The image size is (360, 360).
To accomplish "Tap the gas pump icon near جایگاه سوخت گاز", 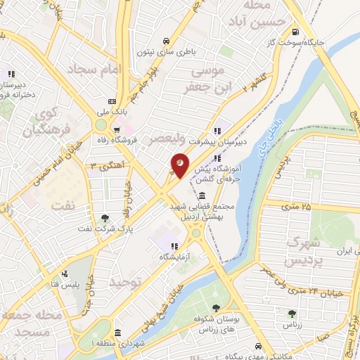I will point(295,32).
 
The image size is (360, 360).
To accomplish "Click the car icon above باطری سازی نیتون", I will point(165,41).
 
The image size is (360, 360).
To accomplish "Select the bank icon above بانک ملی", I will point(110,101).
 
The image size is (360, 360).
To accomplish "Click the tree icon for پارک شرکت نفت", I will point(105,218).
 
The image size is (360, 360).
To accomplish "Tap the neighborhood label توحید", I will point(127,282).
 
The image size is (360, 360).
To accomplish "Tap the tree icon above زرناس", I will point(292,314).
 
